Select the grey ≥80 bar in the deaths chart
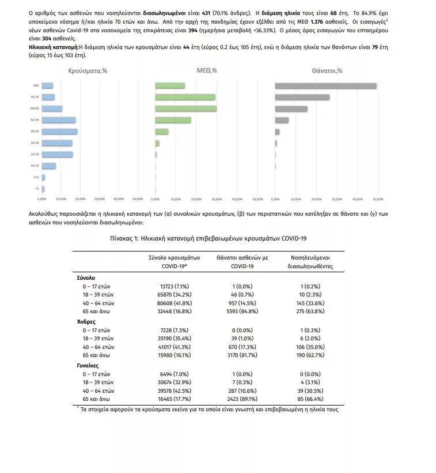325,86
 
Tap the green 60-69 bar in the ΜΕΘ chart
186,108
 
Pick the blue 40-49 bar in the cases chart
60,132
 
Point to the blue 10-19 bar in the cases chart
49,166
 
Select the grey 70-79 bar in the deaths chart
302,97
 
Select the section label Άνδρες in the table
86,321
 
